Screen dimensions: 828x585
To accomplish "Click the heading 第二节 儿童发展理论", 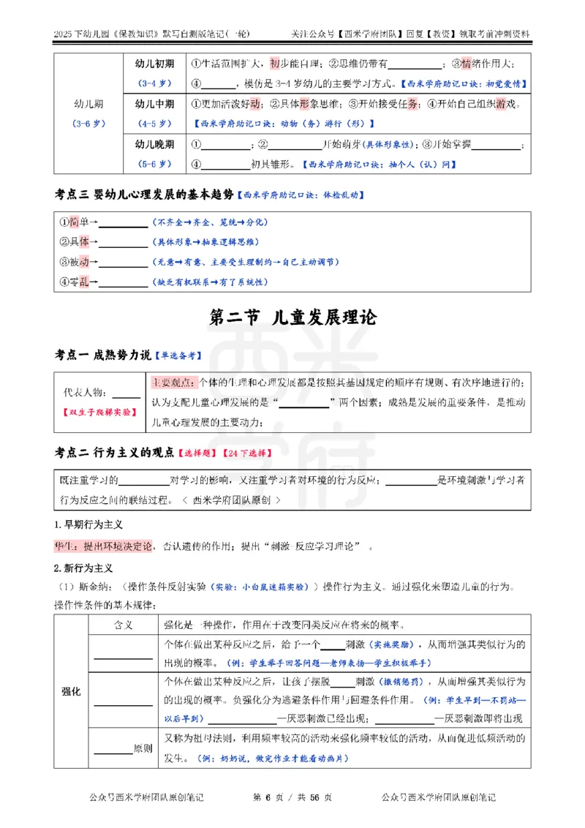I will point(292,318).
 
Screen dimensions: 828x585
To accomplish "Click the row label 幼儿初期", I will point(155,64).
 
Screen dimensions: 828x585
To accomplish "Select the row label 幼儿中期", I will point(155,104).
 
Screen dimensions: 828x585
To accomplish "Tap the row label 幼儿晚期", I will point(155,144).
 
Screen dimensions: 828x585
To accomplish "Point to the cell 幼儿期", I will point(90,104).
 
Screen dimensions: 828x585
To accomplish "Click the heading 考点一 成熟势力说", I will point(103,355).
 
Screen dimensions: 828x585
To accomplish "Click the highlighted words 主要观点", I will point(173,383).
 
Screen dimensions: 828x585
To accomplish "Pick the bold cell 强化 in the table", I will point(71,691).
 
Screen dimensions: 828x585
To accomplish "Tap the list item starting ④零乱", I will point(74,282).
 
